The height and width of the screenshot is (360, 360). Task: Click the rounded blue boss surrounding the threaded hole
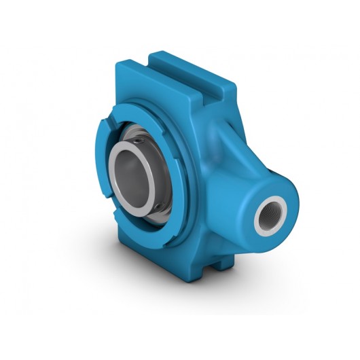[285, 197]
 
